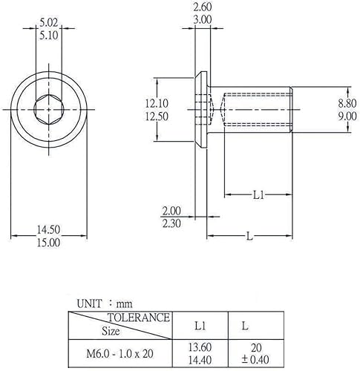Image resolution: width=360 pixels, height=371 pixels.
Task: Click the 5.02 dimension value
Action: pyautogui.click(x=49, y=23)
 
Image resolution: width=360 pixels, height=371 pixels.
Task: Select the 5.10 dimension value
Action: pyautogui.click(x=49, y=36)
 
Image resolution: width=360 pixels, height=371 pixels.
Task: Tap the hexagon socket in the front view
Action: pyautogui.click(x=49, y=109)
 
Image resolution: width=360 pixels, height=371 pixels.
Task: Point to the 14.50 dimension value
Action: pyautogui.click(x=49, y=230)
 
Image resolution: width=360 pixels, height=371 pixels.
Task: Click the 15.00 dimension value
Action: pyautogui.click(x=49, y=243)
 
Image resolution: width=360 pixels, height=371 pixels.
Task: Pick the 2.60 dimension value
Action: pyautogui.click(x=203, y=7)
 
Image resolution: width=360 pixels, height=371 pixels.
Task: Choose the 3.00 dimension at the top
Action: pyautogui.click(x=203, y=20)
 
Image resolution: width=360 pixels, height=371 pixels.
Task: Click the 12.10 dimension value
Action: pyautogui.click(x=157, y=103)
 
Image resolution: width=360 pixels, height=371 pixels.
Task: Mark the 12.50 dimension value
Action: pyautogui.click(x=157, y=116)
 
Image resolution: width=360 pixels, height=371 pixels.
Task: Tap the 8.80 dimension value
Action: pyautogui.click(x=347, y=103)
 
